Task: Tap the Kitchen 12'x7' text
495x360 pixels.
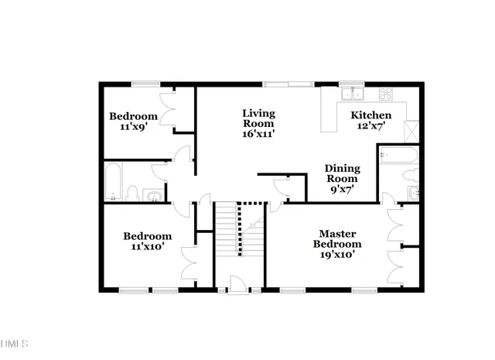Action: point(367,120)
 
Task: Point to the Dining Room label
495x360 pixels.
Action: point(341,177)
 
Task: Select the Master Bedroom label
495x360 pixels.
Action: point(336,244)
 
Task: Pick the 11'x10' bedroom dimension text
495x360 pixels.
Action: point(147,248)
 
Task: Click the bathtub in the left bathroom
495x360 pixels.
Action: point(113,183)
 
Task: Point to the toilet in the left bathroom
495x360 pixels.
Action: point(132,193)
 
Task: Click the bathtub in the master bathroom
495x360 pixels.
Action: point(398,157)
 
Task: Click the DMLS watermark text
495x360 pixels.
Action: point(14,343)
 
